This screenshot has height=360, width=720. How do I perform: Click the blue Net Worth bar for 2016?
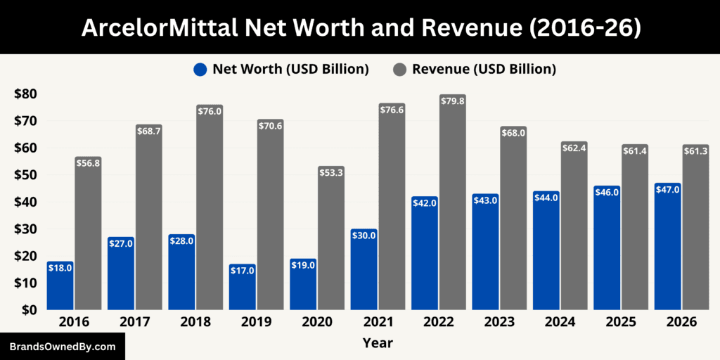[x=60, y=288]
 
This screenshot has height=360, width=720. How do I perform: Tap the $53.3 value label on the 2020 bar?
[x=331, y=172]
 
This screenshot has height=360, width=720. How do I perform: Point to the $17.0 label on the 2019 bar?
[x=243, y=270]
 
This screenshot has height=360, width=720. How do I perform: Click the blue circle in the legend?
[x=200, y=69]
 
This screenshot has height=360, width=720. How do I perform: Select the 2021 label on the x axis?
[x=378, y=322]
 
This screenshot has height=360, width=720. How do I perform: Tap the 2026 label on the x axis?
[x=681, y=322]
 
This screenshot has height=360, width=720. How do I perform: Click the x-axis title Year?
[x=378, y=343]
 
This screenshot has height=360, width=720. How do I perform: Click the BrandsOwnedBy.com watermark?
[x=62, y=347]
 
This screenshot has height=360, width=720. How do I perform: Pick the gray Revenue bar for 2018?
[x=210, y=211]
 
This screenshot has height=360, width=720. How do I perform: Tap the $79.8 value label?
[x=453, y=101]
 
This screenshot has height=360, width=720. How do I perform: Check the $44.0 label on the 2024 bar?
[x=546, y=198]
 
